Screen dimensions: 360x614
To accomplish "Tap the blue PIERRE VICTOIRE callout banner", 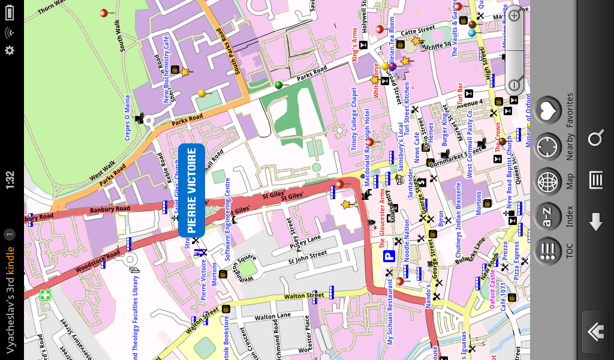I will coord(192,190).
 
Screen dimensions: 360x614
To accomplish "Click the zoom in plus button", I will coord(514,16).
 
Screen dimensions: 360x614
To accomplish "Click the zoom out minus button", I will coord(514,85).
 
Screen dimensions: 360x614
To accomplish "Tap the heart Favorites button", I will coord(547,110).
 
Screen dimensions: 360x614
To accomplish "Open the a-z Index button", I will coord(547,216).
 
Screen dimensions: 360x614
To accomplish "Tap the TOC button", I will coord(547,251).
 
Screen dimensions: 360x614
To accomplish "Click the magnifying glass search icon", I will coord(595,139).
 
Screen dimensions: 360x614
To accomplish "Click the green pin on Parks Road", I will coord(278,85).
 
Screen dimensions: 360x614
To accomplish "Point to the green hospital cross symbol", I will coord(45,295).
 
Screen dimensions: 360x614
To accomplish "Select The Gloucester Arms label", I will coord(382,218).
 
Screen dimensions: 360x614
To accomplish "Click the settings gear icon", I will coord(10,50).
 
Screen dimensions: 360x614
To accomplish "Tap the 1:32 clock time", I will coord(10,181).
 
